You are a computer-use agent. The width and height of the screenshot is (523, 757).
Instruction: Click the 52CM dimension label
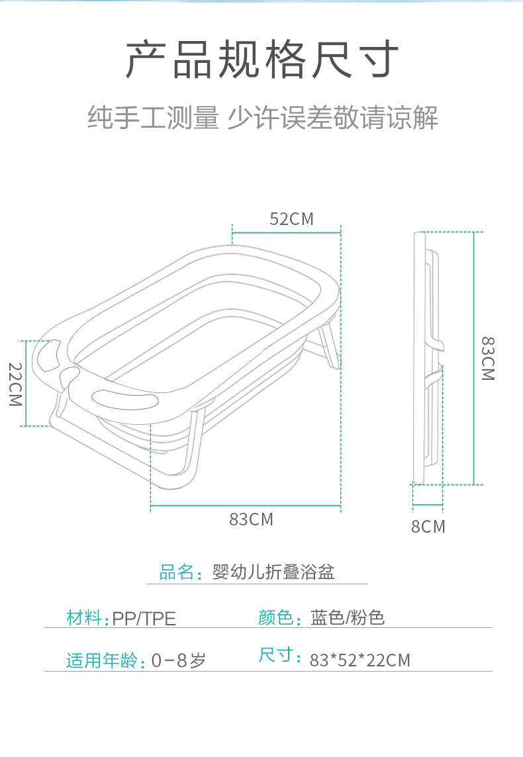[291, 219]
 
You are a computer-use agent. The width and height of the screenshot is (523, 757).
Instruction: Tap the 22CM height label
[15, 384]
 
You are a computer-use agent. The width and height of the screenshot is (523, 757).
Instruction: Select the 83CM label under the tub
[251, 519]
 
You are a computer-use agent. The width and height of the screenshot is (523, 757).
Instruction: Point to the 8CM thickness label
[428, 527]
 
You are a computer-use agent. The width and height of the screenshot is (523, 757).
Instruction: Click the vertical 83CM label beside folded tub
[488, 358]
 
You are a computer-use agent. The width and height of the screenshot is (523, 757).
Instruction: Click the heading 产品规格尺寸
[262, 60]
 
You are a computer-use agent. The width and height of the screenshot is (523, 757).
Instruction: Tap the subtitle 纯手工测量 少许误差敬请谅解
[262, 118]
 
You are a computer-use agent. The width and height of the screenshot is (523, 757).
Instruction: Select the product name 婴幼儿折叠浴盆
[273, 572]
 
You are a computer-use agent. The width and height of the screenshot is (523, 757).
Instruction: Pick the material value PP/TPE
[144, 619]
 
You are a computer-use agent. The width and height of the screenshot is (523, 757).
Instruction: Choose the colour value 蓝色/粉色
[348, 618]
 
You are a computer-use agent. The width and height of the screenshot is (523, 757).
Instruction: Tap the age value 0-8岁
[179, 660]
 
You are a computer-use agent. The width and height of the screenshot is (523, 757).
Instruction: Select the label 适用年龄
[103, 660]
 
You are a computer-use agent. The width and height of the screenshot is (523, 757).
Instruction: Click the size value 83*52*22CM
[360, 660]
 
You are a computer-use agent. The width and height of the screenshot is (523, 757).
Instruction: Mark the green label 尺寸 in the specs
[276, 656]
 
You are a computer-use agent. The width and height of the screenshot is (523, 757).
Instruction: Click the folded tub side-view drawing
[428, 357]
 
